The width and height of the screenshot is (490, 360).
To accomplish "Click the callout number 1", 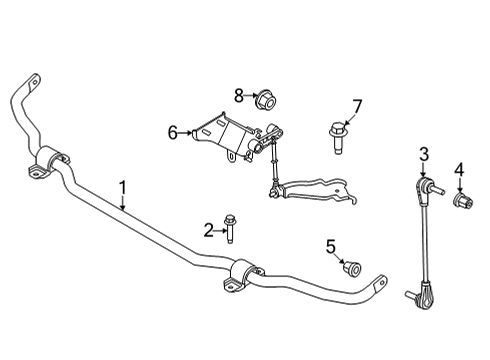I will (123, 186).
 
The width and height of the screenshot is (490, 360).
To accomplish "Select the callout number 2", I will (209, 231).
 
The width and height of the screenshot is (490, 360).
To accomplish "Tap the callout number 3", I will (423, 153).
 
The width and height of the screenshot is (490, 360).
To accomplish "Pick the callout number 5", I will (331, 246).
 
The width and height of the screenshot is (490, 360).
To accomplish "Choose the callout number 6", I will (172, 131).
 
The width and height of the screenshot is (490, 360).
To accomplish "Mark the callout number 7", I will (357, 107).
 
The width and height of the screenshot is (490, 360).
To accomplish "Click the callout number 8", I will (239, 96).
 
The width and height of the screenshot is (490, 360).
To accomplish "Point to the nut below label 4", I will (463, 203).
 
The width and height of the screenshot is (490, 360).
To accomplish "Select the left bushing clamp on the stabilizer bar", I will (51, 162).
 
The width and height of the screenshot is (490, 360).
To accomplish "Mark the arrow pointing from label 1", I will (123, 203).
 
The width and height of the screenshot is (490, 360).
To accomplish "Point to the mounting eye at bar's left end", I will (33, 81).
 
